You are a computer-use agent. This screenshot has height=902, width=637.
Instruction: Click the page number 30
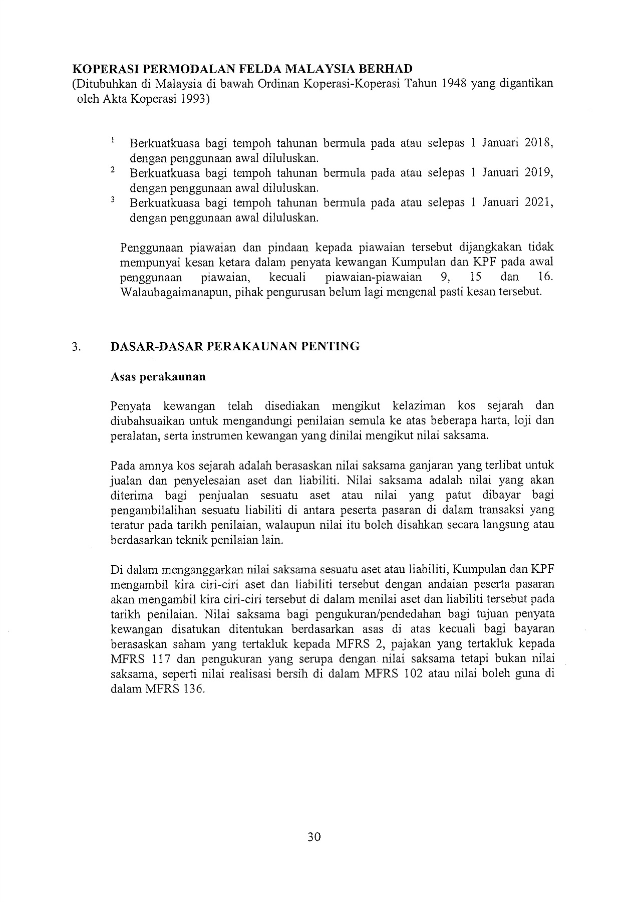pos(314,836)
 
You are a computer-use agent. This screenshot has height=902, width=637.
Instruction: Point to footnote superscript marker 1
pos(113,139)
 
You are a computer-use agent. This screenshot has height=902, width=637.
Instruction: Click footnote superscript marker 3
pos(113,199)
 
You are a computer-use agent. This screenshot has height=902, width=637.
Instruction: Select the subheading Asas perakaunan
pos(158,376)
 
